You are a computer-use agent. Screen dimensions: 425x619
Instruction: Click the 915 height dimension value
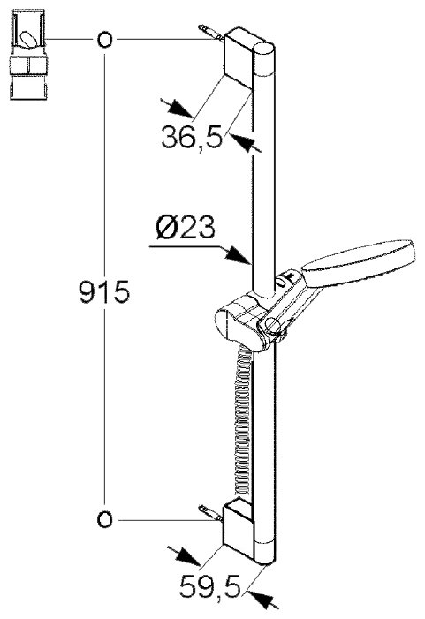click(104, 291)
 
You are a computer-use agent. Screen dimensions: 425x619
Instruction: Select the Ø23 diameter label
click(186, 228)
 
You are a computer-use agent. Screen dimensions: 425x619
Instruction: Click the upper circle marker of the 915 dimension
click(104, 40)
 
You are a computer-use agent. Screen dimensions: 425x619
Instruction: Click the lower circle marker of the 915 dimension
click(104, 520)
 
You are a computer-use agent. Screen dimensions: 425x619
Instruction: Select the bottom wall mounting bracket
click(239, 529)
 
